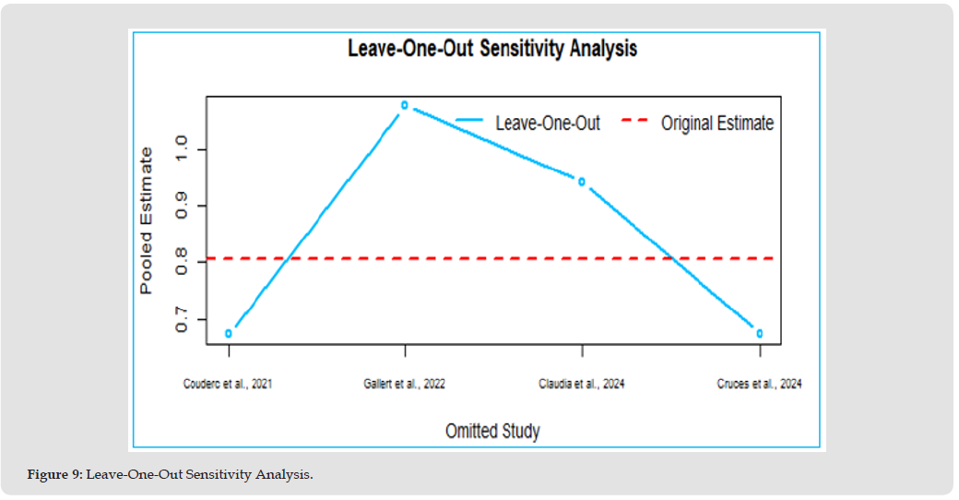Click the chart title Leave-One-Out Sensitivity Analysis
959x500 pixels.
491,48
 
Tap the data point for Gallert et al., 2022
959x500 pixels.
405,105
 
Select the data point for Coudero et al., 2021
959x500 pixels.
229,333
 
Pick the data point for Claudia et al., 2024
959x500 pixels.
582,182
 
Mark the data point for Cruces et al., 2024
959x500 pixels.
760,333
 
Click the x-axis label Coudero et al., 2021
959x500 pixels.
228,384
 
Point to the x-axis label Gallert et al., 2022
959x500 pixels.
405,384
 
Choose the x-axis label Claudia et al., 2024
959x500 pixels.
581,384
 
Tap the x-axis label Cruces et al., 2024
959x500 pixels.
759,384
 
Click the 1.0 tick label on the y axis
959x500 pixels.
181,149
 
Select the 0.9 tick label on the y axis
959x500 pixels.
181,206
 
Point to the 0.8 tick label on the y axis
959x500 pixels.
181,263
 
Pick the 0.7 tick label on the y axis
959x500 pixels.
181,320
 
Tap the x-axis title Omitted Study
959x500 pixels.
492,431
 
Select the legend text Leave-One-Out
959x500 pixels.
548,123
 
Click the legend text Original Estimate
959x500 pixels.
716,123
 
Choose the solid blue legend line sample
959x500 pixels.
470,121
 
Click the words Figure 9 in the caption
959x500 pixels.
53,475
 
